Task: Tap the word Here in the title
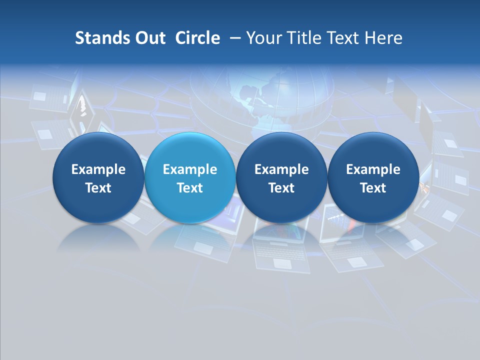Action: (384, 38)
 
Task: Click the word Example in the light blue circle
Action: (190, 169)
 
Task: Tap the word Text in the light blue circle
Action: (190, 188)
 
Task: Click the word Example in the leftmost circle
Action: (98, 169)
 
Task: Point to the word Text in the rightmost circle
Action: (373, 188)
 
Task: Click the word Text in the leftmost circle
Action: (98, 188)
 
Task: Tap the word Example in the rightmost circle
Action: (373, 169)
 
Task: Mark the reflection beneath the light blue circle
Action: (190, 237)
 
